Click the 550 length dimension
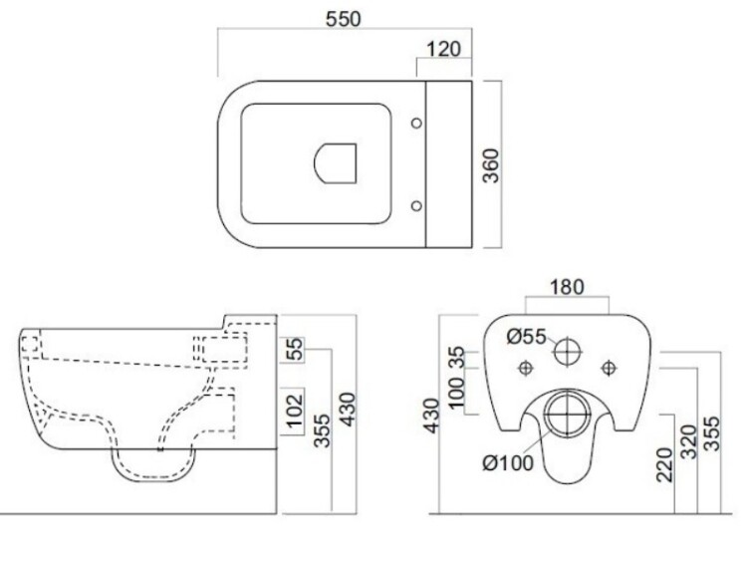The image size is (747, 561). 343,19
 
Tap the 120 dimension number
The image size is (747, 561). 443,49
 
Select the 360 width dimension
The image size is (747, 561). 490,165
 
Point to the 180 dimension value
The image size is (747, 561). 567,287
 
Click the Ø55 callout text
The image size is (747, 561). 526,337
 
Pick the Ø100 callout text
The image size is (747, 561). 508,462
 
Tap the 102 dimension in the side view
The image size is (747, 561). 295,411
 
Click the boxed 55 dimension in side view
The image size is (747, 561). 295,349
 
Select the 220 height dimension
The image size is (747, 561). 664,465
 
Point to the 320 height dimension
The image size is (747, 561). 688,441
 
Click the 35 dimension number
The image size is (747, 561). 456,357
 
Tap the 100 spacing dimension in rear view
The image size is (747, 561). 456,393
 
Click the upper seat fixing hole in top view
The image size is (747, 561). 416,123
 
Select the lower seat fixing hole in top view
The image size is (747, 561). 416,205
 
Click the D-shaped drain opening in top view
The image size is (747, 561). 335,163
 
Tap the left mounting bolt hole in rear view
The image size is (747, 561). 526,368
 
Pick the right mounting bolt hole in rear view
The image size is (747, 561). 609,368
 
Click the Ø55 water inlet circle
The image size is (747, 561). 567,353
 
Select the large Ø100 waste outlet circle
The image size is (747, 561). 567,414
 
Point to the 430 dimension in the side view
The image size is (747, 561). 349,410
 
